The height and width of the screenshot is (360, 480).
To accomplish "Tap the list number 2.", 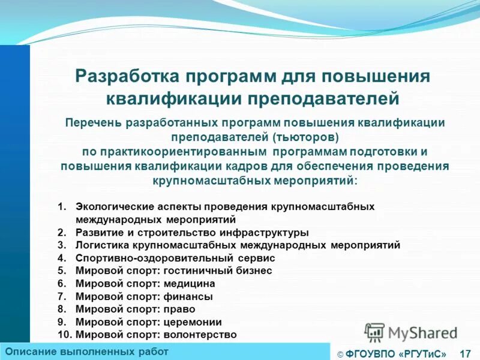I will (61, 232).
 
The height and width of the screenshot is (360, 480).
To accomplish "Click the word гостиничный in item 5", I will (194, 271).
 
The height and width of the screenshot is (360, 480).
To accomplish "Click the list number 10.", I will (63, 335).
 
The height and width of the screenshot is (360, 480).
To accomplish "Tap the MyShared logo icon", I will (374, 332).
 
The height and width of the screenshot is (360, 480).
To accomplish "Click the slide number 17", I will (464, 353).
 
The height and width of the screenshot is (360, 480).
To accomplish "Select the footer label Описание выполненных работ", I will (86, 352).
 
